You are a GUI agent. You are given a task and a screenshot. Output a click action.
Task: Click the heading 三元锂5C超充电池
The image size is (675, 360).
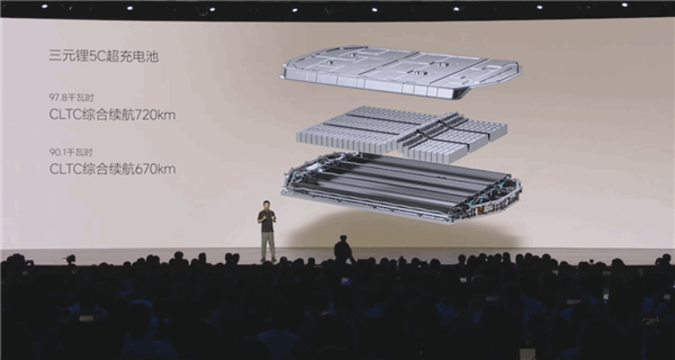coord(104,56)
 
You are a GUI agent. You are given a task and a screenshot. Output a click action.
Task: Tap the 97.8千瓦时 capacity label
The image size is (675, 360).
coord(71,97)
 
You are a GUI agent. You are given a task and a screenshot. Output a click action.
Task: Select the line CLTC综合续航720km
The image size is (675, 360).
coord(112,115)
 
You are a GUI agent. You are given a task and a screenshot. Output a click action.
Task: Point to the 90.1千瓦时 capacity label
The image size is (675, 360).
coord(71,152)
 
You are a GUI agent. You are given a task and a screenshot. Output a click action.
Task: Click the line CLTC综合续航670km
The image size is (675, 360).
coord(112,169)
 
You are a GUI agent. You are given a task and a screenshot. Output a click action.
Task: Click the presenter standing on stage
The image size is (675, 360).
coord(267,231)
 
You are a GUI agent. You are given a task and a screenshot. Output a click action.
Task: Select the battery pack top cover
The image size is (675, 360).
coord(401,71)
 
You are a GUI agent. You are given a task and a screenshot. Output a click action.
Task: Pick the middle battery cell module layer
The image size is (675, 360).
coord(401,134)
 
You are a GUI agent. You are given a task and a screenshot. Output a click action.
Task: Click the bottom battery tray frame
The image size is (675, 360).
coord(401,187)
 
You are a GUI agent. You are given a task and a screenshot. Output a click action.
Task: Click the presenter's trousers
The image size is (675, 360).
coord(267,246)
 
